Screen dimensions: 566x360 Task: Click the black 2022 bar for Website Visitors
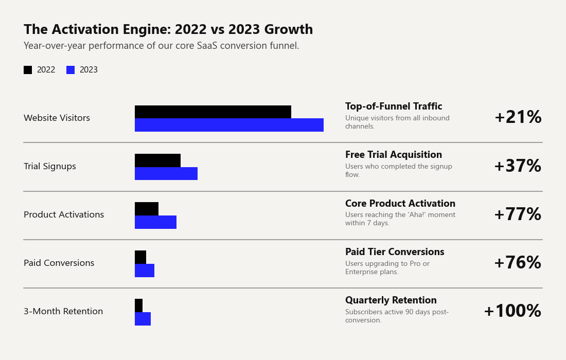tap(213, 112)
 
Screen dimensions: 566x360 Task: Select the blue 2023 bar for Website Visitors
tap(229, 125)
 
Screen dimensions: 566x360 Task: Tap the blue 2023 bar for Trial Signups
tap(166, 173)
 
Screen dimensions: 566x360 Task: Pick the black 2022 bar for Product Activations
tap(147, 209)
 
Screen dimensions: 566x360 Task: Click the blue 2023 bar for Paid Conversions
tap(145, 271)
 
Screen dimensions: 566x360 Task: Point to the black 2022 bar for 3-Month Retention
tap(138, 305)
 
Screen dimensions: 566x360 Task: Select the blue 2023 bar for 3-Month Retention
tap(143, 319)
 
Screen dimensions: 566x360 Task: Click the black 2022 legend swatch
tap(28, 70)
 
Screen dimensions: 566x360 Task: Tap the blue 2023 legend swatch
tap(70, 70)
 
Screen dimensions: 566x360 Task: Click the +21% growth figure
tap(518, 117)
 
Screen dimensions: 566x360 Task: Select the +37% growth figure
tap(518, 166)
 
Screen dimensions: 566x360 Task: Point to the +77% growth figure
tap(518, 214)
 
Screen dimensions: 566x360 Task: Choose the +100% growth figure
tap(512, 311)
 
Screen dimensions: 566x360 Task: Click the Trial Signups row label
tap(50, 166)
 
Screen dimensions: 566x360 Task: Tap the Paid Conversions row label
tap(59, 263)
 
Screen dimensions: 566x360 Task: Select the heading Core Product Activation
tap(400, 204)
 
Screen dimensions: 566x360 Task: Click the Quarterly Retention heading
tap(391, 300)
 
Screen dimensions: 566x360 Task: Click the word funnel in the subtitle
tap(284, 46)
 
